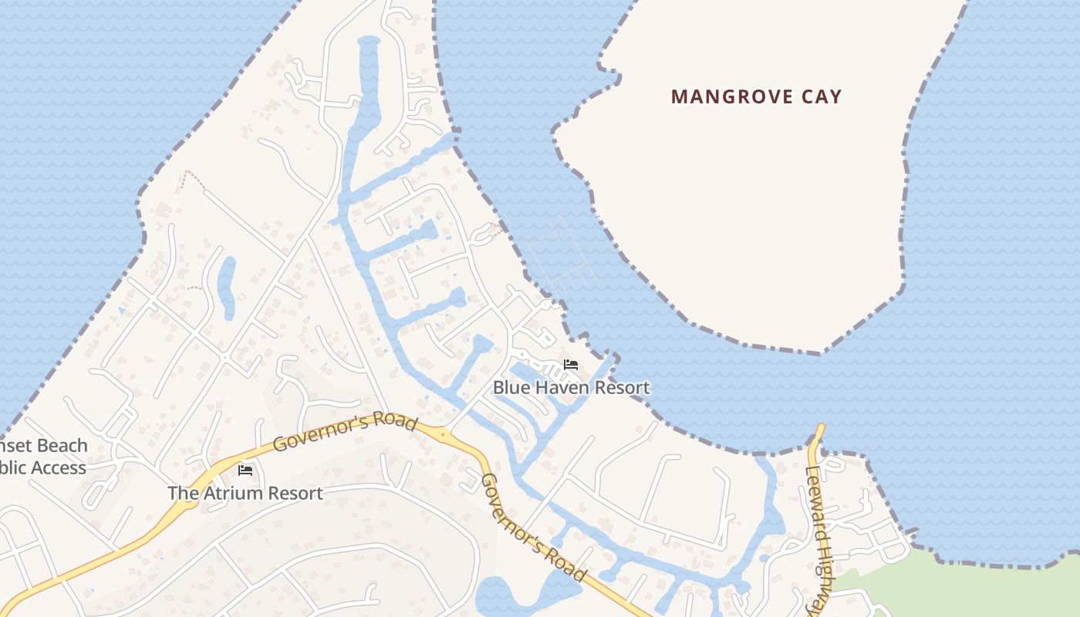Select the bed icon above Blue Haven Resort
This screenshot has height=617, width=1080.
[571, 364]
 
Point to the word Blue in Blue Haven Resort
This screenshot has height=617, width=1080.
[508, 387]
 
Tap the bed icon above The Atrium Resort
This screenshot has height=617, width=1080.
[245, 469]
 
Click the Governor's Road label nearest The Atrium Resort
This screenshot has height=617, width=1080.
[345, 433]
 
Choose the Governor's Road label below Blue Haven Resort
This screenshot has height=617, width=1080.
[533, 526]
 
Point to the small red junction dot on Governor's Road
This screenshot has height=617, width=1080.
[443, 435]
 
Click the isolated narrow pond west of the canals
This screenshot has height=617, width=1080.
[226, 287]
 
